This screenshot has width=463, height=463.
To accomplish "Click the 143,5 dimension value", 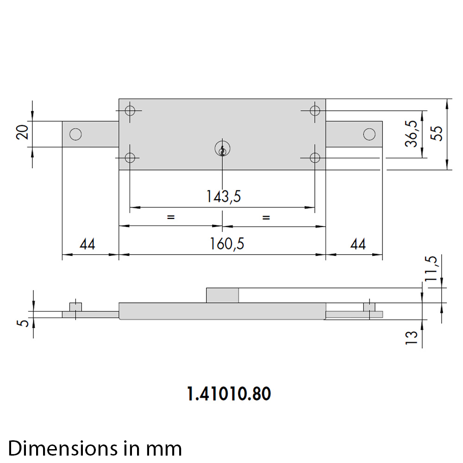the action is coord(223,196).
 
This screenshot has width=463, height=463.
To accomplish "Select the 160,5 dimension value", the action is coord(227,244).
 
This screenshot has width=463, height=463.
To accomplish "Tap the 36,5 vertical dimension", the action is coord(411,133).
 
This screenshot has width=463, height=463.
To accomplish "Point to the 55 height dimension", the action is coord(437,133).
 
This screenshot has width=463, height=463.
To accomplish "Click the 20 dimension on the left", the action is coord(22,132).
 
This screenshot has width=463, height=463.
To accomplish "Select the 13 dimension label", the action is coord(411,338).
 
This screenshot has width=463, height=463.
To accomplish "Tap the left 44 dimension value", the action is coord(88,244).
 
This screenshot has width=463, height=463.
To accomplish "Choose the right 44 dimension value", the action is coord(358,244).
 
